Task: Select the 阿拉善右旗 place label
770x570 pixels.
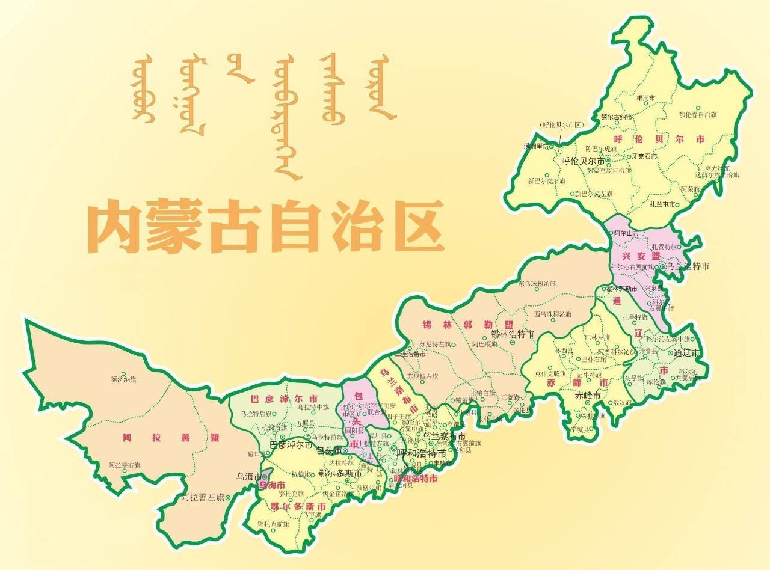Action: pyautogui.click(x=125, y=465)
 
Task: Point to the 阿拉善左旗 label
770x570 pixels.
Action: pyautogui.click(x=202, y=497)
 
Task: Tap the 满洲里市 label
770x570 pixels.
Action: pyautogui.click(x=537, y=146)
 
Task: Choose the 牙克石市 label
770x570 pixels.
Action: pyautogui.click(x=644, y=156)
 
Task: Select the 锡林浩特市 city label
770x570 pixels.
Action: pyautogui.click(x=513, y=334)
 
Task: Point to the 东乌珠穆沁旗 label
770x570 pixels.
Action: pyautogui.click(x=537, y=283)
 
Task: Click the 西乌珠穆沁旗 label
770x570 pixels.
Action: pyautogui.click(x=553, y=314)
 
